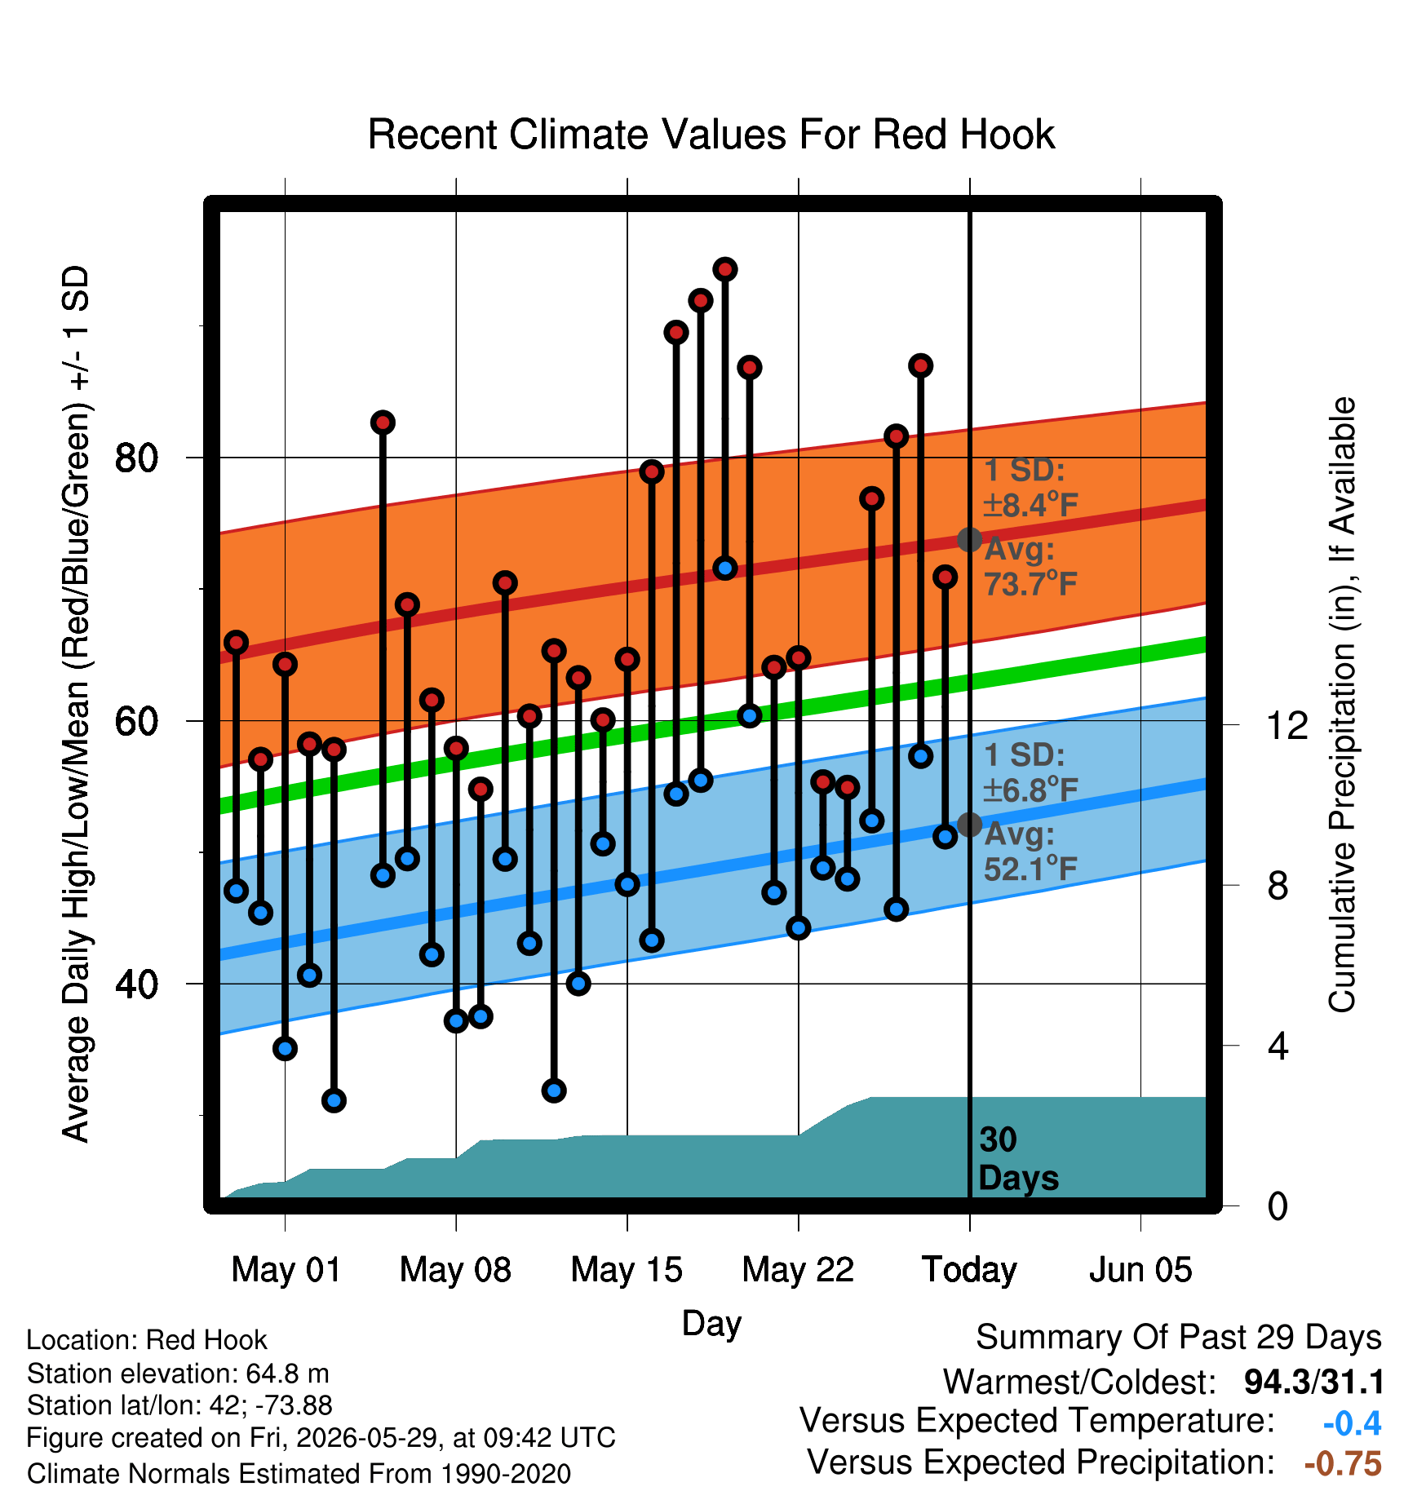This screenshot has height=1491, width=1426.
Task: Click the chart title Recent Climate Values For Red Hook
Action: pos(711,135)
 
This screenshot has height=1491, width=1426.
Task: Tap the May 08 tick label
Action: pos(455,1270)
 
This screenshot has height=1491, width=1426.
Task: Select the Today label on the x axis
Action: pos(969,1270)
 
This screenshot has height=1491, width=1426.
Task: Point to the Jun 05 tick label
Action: pos(1140,1270)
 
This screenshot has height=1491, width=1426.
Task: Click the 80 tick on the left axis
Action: pos(136,458)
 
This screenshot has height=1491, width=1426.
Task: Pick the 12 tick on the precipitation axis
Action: pos(1287,725)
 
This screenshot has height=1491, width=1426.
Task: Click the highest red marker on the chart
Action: pos(725,269)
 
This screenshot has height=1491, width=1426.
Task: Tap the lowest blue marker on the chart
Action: pos(334,1100)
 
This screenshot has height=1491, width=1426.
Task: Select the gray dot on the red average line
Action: pos(969,539)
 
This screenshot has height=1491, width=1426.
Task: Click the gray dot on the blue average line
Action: pos(969,825)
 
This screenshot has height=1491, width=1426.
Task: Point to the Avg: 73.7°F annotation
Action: pos(1031,567)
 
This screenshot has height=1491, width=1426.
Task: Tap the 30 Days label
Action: pos(1018,1159)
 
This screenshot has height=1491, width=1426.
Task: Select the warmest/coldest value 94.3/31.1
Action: pos(1313,1383)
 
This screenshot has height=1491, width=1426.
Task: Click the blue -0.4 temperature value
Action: pos(1353,1423)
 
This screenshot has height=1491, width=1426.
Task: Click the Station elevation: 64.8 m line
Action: pos(178,1374)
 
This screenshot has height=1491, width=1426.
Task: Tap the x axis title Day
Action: pos(711,1323)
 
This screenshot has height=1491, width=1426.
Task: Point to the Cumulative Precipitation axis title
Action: pos(1342,706)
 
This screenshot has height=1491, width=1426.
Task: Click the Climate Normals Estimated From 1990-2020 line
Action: pos(299,1474)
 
